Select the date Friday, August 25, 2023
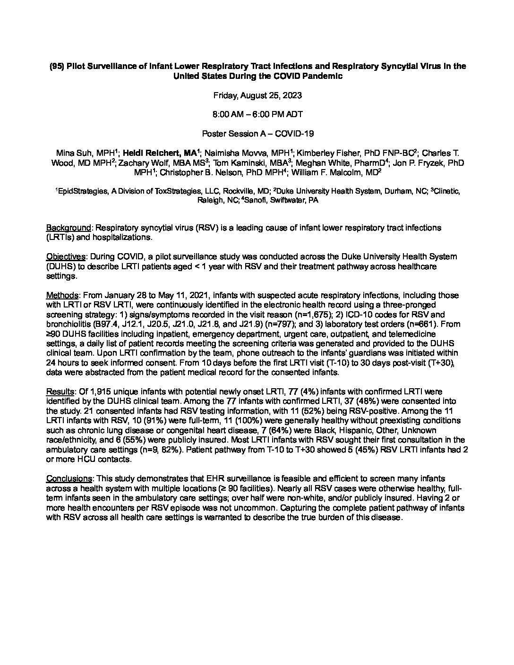click(257, 95)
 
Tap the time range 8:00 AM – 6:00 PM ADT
click(257, 115)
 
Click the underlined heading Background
click(68, 228)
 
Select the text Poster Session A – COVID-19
click(257, 134)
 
